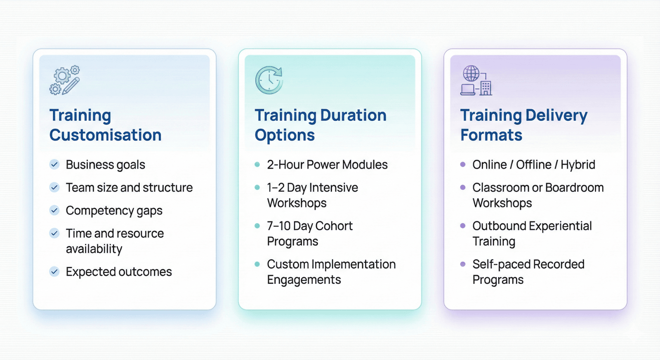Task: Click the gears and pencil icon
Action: tap(64, 80)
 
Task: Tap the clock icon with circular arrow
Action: tap(269, 80)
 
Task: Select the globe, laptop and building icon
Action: tap(476, 80)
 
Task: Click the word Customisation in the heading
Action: tap(106, 135)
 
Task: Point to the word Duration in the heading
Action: tap(353, 115)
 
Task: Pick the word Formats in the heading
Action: tap(491, 135)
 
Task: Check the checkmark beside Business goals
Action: tap(54, 165)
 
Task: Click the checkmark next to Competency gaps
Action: tap(54, 210)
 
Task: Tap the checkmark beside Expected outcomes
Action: tap(54, 272)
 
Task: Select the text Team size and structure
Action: tap(130, 188)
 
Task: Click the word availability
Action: tap(94, 249)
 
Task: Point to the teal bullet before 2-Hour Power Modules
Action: tap(257, 165)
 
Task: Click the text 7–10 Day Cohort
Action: tap(310, 226)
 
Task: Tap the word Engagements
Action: tap(304, 280)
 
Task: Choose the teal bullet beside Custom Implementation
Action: tap(257, 264)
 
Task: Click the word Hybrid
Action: tap(578, 165)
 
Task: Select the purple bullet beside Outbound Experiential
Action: tap(463, 226)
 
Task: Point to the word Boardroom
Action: tap(575, 188)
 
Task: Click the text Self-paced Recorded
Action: tap(528, 264)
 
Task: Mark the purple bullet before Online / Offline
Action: tap(463, 165)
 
